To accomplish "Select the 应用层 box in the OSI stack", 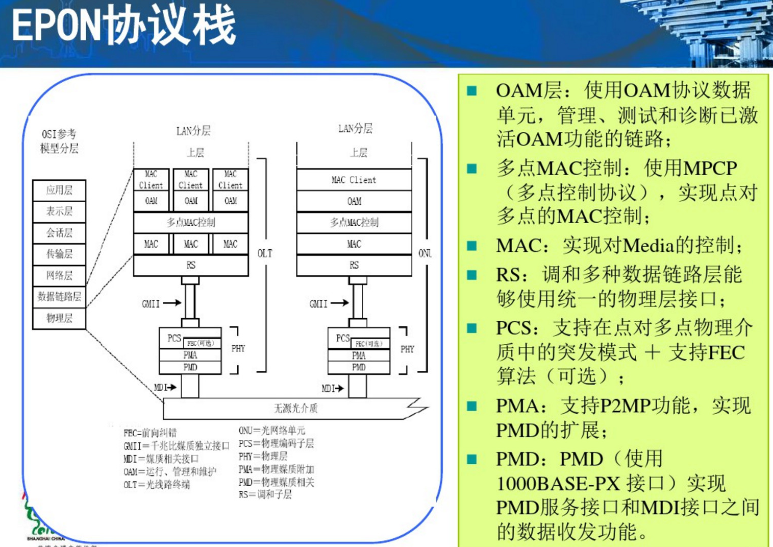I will coord(59,191).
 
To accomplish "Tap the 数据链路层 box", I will coord(59,296).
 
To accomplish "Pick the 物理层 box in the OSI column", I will coord(59,318).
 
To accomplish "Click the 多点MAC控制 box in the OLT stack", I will coord(191,222).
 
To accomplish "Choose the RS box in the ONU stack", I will coord(354,265).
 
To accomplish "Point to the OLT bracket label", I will coord(265,253).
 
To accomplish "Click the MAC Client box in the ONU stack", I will coord(354,180).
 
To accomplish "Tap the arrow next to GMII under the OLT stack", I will coord(172,303).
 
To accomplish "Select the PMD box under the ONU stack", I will coord(359,367).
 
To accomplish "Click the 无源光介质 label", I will coord(296,408).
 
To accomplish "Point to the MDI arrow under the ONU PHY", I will coord(338,389).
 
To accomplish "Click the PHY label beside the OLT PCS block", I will coord(238,348).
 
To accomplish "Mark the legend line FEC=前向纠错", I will coord(150,433).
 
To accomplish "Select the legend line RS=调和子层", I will coord(265,494).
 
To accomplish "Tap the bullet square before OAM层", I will coord(472,91).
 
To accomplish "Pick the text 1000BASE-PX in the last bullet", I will coord(558,483).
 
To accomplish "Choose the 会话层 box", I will coord(59,233).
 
